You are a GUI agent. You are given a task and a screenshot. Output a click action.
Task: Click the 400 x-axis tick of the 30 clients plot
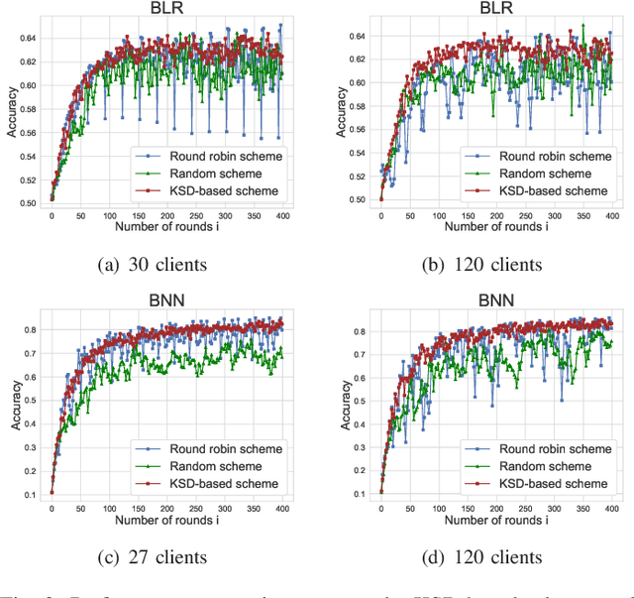click(283, 216)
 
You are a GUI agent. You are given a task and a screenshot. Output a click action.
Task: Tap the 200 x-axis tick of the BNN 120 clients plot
click(495, 509)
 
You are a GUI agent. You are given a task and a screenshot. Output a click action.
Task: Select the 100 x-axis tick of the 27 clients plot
click(110, 509)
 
